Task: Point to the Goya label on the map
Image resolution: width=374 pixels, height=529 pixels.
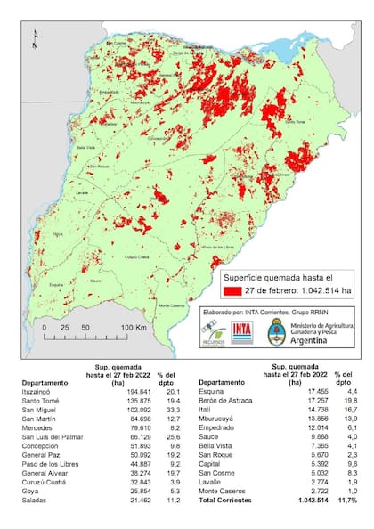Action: [x=59, y=235]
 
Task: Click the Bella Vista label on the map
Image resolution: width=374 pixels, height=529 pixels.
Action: [x=86, y=147]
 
